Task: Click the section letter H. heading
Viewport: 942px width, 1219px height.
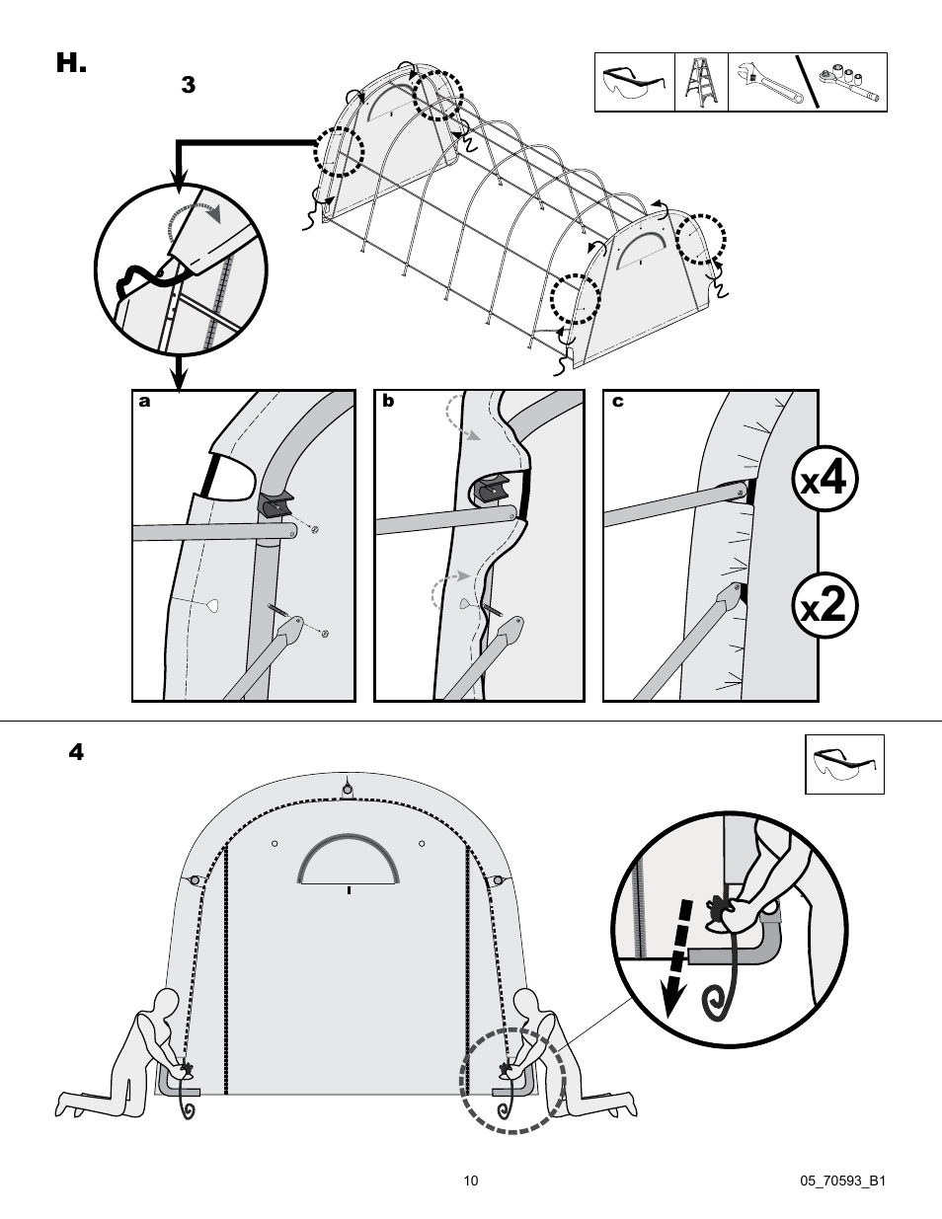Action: tap(72, 64)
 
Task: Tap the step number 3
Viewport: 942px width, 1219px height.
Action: tap(188, 86)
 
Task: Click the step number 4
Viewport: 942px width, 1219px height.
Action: tap(76, 752)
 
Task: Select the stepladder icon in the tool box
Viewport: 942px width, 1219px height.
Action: tap(701, 83)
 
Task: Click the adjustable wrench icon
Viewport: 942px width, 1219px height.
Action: tap(762, 83)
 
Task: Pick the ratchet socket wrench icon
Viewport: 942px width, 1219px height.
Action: tap(848, 84)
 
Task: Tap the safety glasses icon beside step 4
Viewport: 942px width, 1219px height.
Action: tap(844, 764)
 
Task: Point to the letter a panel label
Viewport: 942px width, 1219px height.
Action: tap(145, 402)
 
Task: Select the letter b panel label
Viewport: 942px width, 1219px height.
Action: tap(388, 402)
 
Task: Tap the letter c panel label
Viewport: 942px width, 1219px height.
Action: tap(617, 402)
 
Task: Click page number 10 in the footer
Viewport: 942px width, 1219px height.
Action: tap(471, 1181)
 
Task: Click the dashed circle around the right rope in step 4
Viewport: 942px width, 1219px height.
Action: tap(512, 1080)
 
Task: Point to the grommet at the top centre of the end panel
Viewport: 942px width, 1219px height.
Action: tap(348, 788)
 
